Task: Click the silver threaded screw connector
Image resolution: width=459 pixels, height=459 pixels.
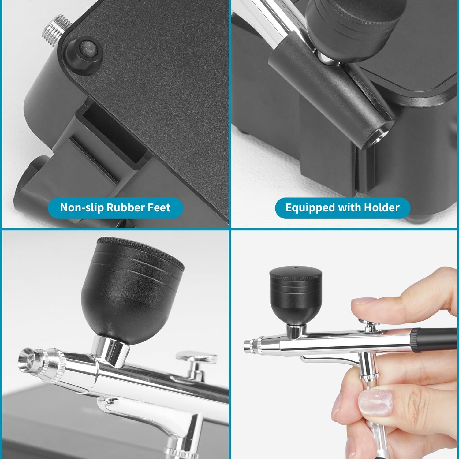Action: point(57,30)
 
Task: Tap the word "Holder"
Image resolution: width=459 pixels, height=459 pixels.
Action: point(382,207)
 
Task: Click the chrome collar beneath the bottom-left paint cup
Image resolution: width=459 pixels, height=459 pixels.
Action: point(110,350)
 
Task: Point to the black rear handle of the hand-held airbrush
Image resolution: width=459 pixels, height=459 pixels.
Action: point(435,340)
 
